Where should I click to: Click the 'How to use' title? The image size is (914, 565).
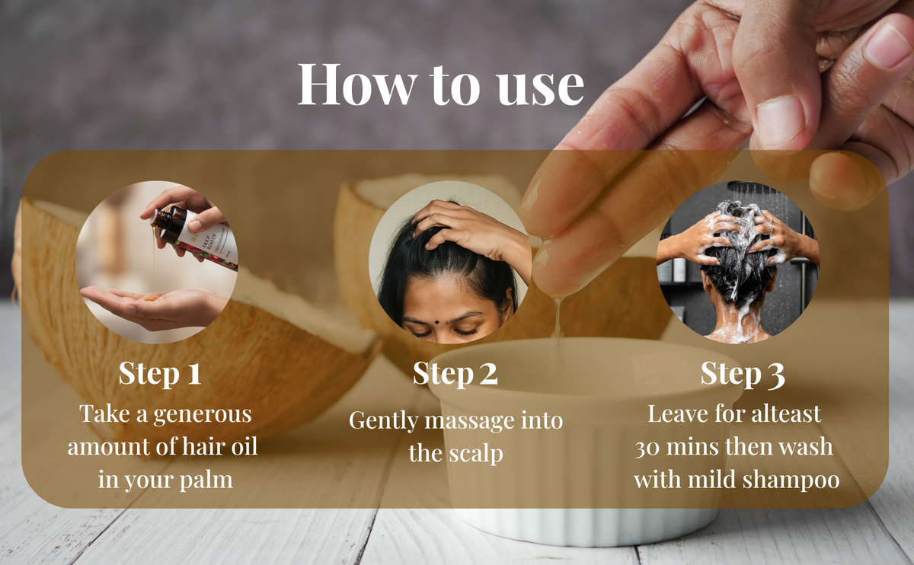tap(441, 85)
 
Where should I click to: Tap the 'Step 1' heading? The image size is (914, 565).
tap(160, 372)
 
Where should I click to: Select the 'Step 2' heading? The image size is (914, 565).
tap(455, 372)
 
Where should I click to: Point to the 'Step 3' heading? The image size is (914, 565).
tap(743, 373)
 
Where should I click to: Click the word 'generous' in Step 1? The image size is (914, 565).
tap(203, 415)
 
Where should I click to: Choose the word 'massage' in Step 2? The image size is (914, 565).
tap(470, 421)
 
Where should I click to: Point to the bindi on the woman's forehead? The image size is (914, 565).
tap(436, 322)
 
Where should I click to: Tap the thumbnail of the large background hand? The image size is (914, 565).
tap(780, 121)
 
